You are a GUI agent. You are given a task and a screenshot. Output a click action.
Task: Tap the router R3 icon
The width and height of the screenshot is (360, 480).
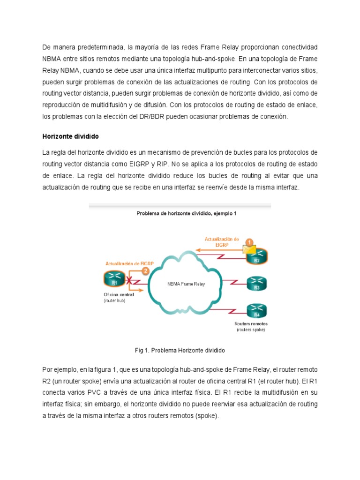[x=256, y=284]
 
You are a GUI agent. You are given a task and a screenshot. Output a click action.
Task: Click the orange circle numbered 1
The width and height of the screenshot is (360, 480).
[x=250, y=242]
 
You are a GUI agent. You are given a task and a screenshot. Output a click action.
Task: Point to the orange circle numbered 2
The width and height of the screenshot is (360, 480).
[x=145, y=270]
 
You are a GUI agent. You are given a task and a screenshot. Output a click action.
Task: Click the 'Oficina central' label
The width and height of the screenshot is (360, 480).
[x=119, y=295]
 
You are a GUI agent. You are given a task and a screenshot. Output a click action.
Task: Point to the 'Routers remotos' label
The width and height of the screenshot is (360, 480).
[x=251, y=324]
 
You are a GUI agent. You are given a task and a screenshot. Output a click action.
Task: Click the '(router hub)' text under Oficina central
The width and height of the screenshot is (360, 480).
[x=114, y=301]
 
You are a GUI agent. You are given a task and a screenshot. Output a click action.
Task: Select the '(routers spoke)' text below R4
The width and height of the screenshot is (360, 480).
[x=251, y=330]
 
